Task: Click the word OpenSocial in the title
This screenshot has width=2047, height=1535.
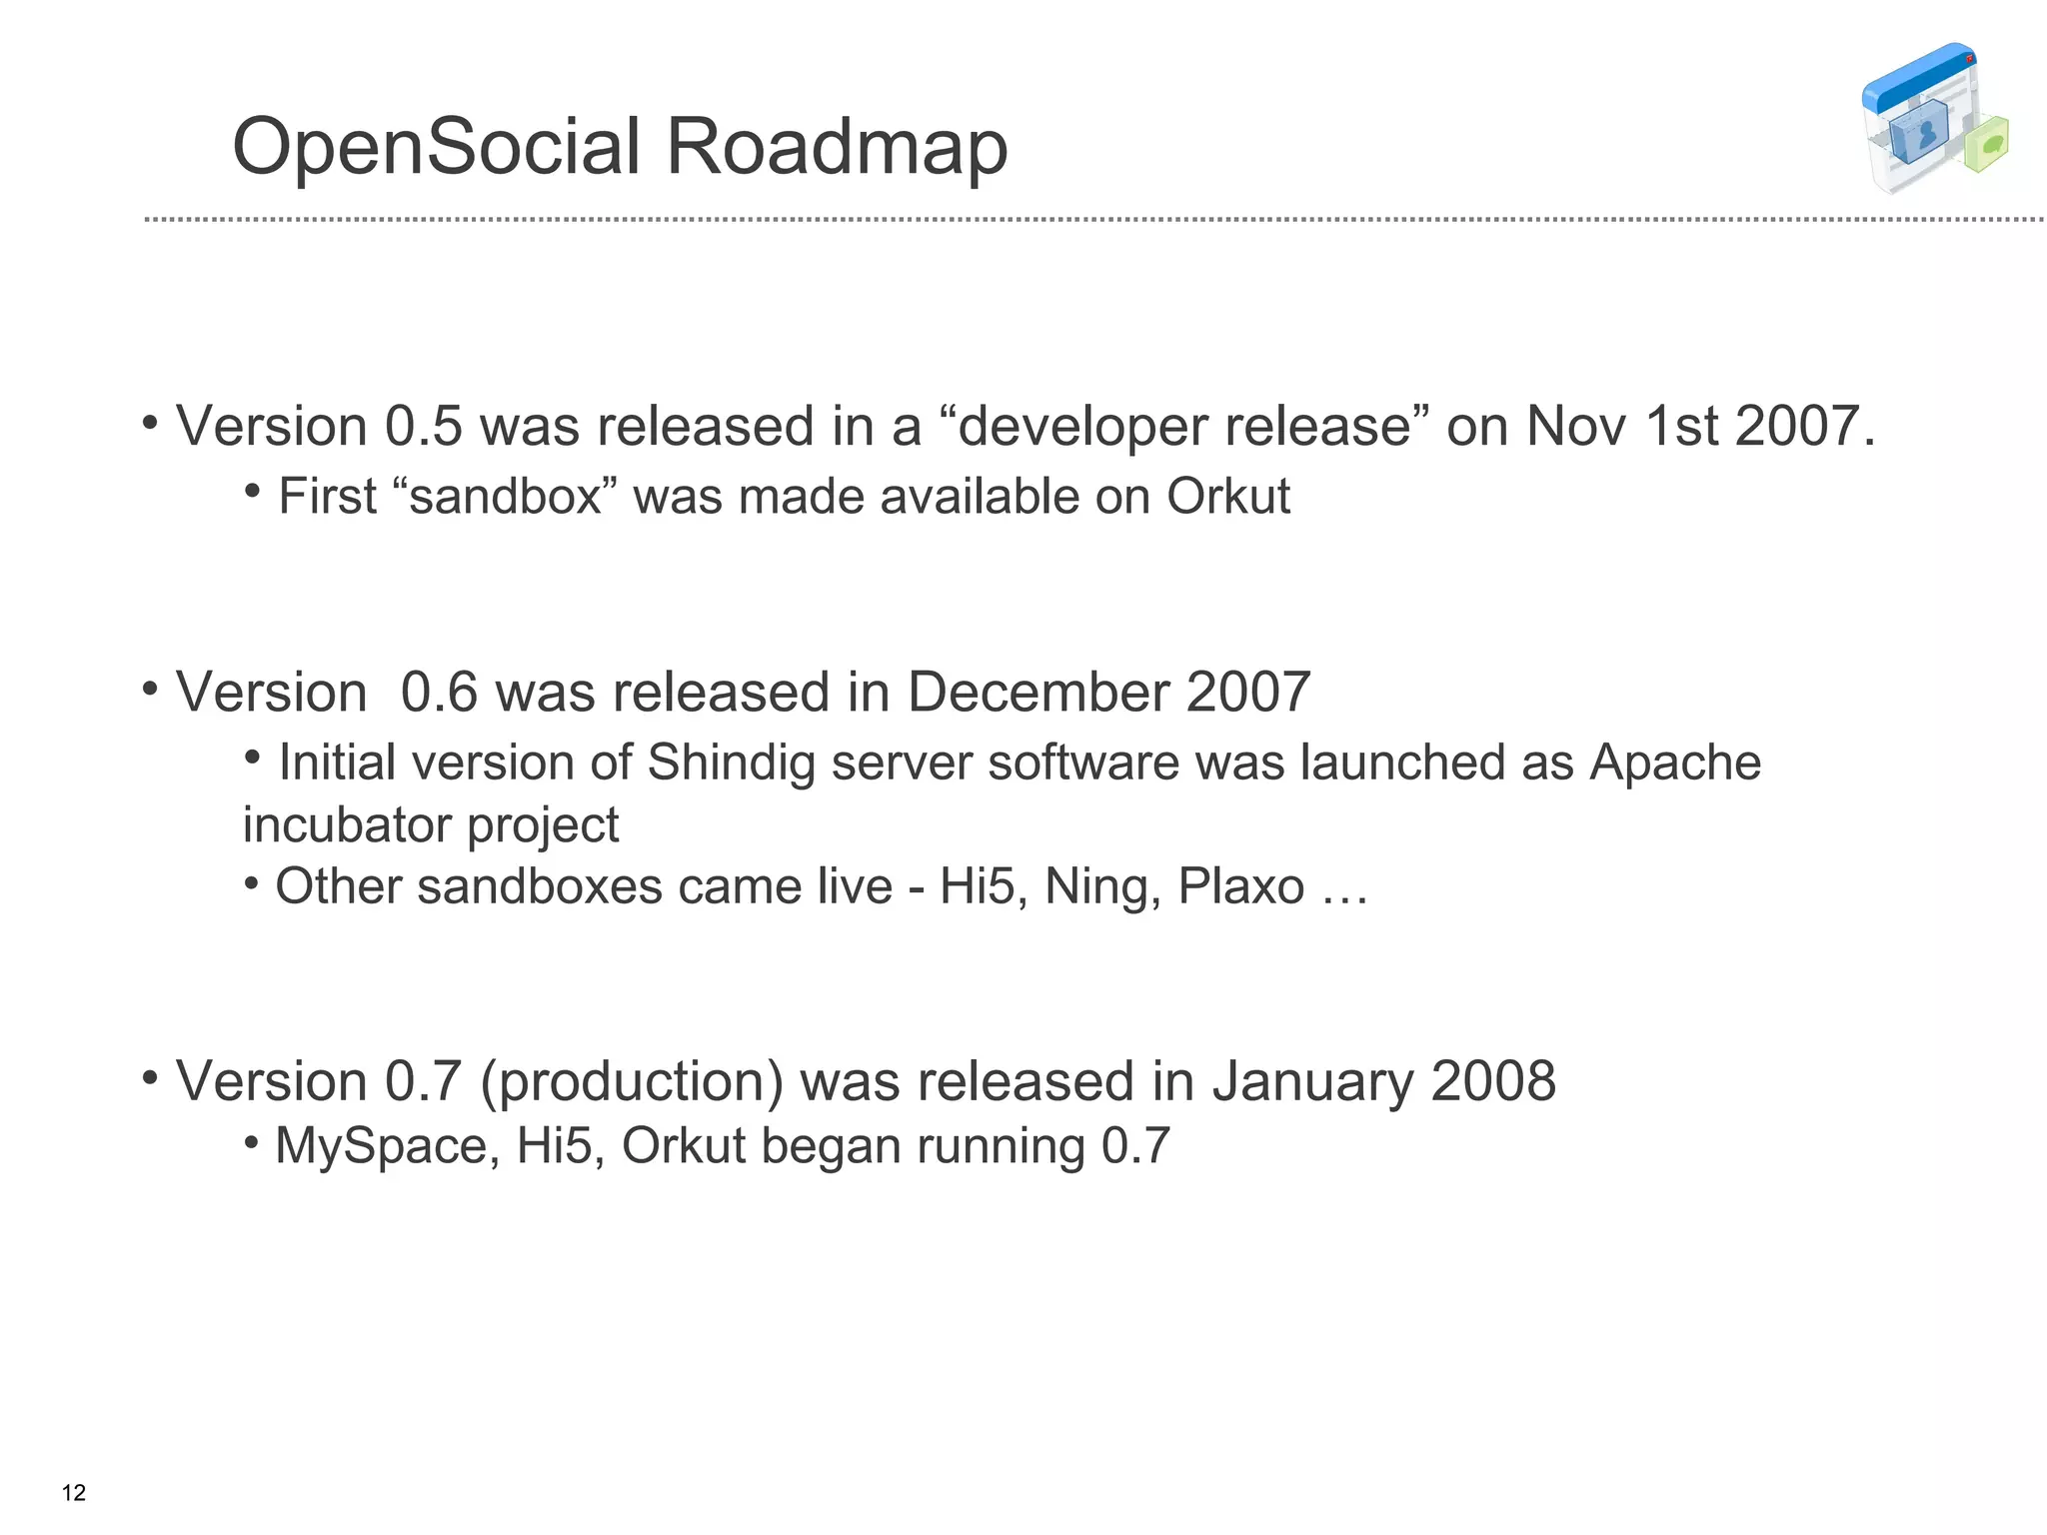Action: [436, 147]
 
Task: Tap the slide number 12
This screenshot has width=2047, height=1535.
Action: [74, 1493]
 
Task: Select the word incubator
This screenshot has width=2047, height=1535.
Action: [346, 825]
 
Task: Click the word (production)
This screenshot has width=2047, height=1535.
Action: [632, 1081]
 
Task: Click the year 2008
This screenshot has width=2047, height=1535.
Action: [1493, 1081]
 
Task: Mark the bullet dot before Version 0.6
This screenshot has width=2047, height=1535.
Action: [150, 689]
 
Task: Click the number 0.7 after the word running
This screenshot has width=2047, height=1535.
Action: [1134, 1146]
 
